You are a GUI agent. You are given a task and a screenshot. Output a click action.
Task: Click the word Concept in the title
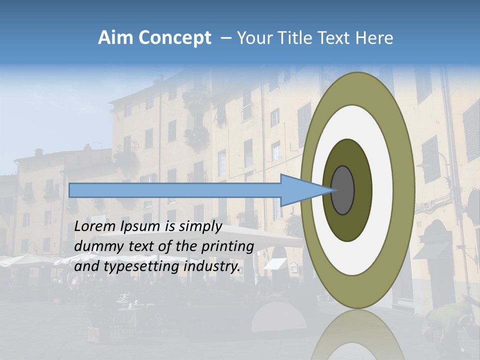pyautogui.click(x=174, y=38)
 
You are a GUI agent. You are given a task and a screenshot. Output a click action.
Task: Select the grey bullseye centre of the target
pyautogui.click(x=342, y=190)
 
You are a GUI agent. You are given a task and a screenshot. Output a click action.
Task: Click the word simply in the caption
pyautogui.click(x=201, y=226)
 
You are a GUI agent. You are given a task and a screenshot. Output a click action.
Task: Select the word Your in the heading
pyautogui.click(x=252, y=38)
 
